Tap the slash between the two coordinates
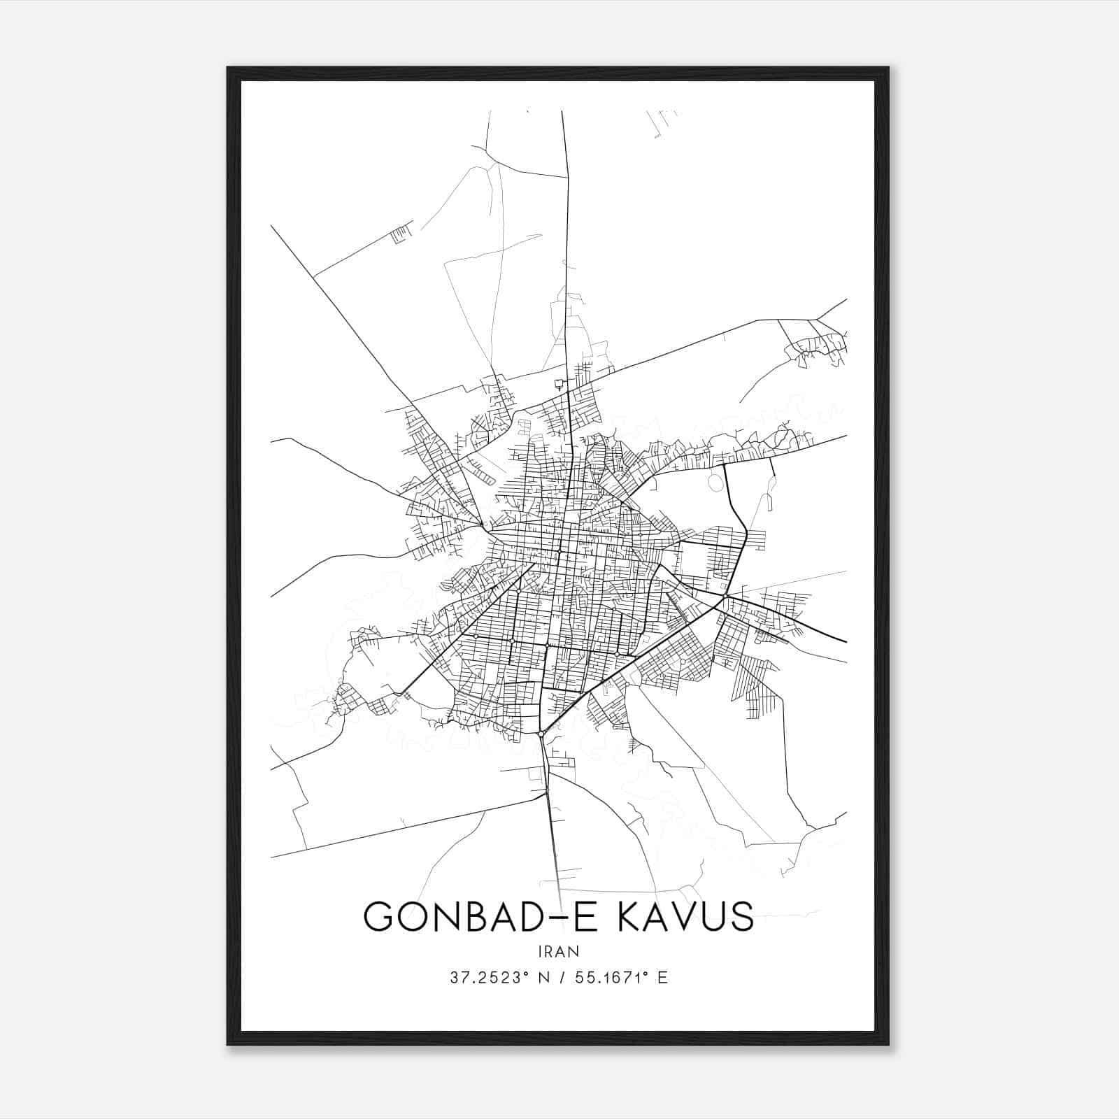[559, 978]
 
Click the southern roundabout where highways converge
[542, 733]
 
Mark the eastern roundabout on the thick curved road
[727, 595]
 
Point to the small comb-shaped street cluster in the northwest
[398, 234]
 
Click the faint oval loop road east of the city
[714, 482]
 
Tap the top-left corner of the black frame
[228, 68]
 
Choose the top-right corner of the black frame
[888, 68]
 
